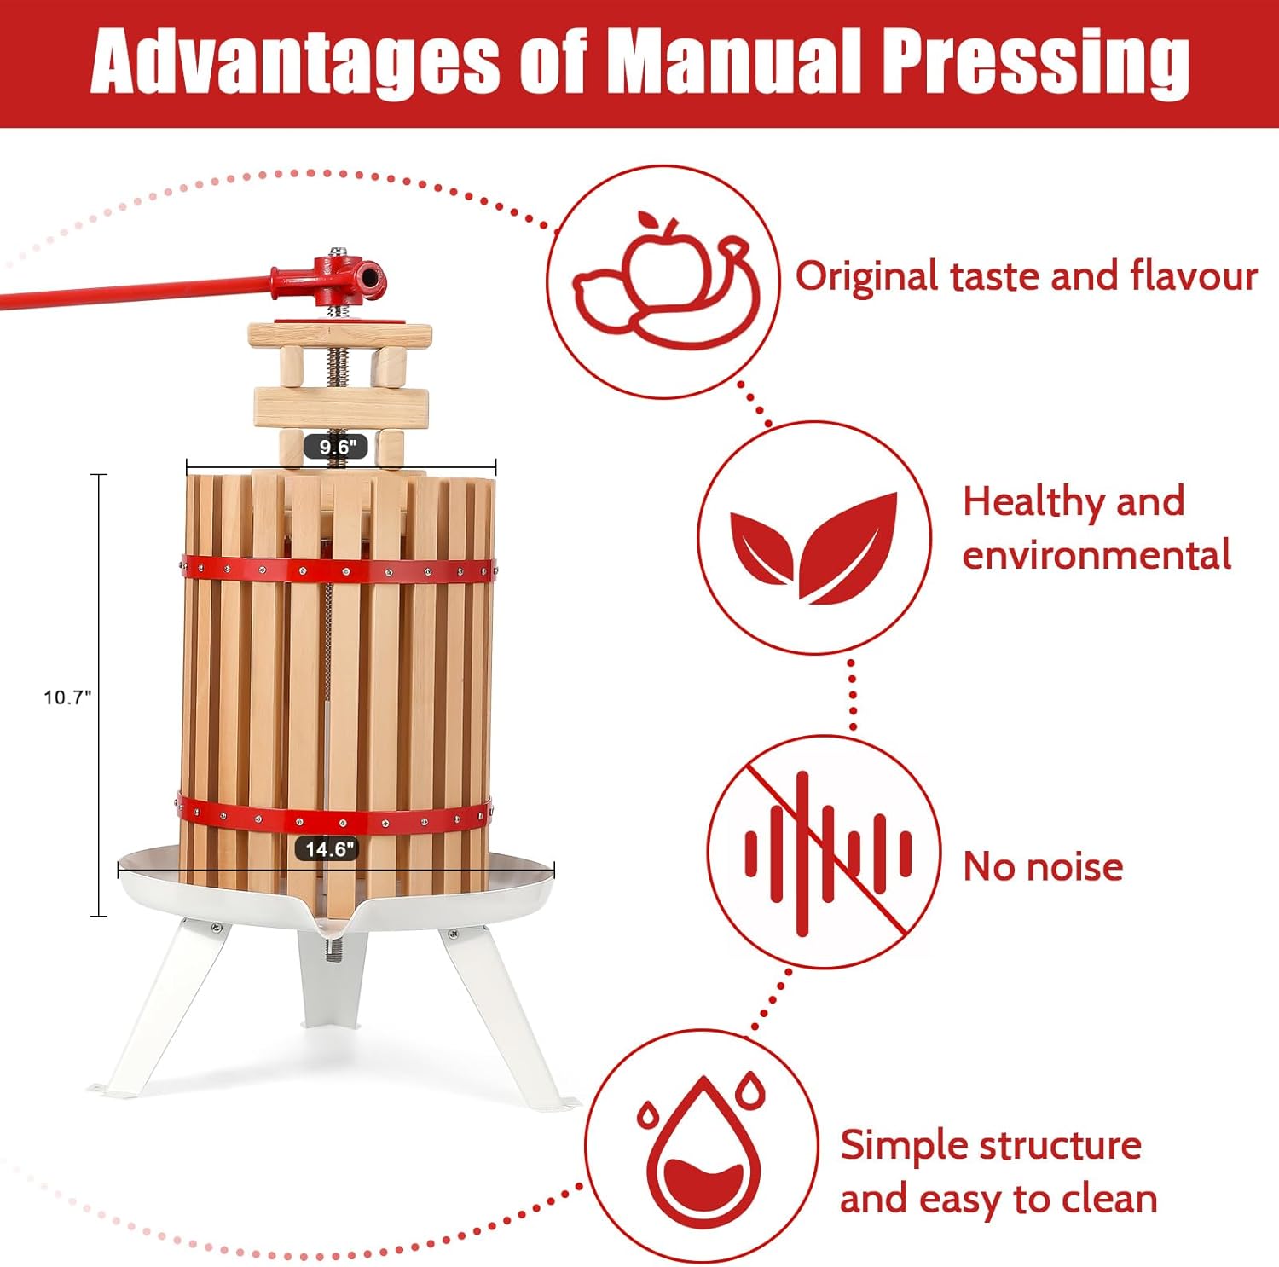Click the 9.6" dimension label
(336, 446)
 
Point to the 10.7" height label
(67, 697)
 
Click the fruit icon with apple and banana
(663, 281)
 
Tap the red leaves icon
(814, 539)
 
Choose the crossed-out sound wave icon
(825, 852)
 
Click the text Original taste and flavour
(1026, 277)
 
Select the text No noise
(1042, 867)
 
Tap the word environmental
(1097, 556)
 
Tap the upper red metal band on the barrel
(337, 569)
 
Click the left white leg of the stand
(162, 1006)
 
